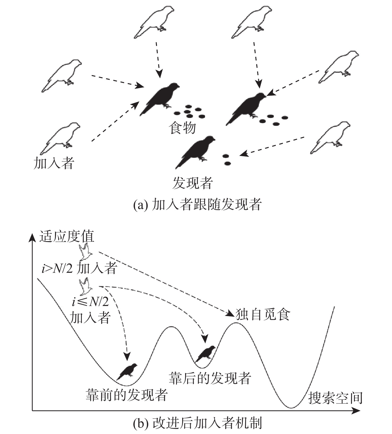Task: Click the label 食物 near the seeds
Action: point(182,128)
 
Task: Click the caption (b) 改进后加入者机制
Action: point(197,423)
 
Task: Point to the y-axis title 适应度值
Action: point(67,236)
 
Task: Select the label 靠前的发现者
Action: point(126,395)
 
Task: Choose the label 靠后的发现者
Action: point(210,378)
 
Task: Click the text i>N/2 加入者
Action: point(79,269)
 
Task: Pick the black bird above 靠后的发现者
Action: point(205,354)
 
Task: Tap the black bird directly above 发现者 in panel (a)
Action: point(195,152)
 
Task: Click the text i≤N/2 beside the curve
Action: point(90,302)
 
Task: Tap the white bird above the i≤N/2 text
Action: point(86,287)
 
